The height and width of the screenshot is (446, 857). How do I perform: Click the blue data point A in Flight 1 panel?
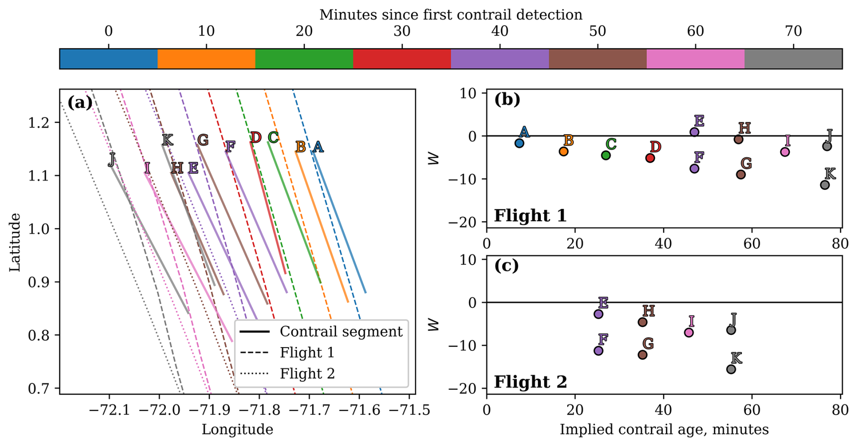519,143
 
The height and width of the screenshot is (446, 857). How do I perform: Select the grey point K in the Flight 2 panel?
731,369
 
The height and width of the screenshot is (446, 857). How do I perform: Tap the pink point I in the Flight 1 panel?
785,152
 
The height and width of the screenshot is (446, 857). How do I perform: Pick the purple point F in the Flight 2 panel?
598,350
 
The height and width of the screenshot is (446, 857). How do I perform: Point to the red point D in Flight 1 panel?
650,158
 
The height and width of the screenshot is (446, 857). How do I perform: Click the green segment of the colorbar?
304,59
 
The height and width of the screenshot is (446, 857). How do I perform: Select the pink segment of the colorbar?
695,59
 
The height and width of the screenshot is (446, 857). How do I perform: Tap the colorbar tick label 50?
597,31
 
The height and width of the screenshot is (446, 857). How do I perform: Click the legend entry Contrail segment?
341,332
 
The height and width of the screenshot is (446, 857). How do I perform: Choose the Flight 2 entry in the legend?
307,373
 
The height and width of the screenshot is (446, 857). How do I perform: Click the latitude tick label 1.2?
39,123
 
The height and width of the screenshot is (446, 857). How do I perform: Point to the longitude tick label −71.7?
309,411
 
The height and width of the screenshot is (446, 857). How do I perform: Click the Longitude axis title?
237,430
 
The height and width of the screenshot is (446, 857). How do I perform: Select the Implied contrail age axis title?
664,430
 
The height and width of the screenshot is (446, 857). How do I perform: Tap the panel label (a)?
80,103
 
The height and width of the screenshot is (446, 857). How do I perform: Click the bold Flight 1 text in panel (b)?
530,215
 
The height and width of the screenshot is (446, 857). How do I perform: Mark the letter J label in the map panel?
111,159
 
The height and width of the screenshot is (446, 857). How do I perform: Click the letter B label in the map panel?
300,147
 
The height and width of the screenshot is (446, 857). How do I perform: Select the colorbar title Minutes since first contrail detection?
451,15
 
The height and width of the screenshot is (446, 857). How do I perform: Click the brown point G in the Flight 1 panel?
741,175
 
